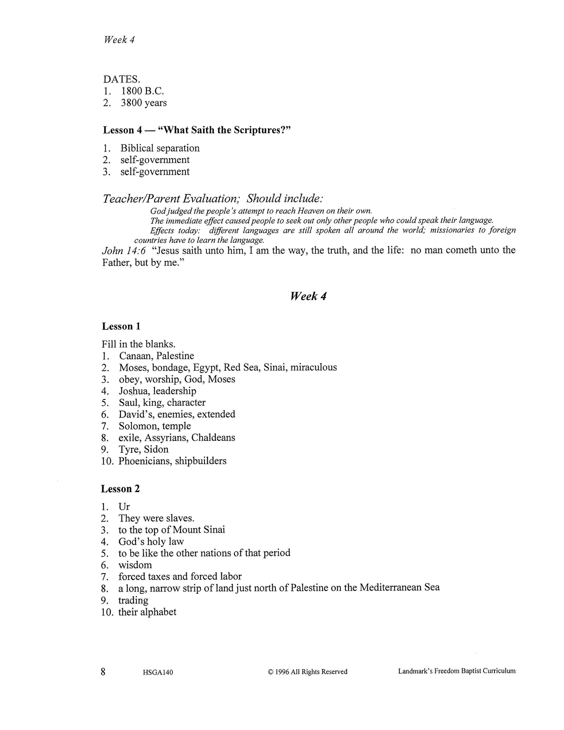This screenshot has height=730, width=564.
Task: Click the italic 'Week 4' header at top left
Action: (119, 40)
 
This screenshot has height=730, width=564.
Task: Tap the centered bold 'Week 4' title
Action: (308, 296)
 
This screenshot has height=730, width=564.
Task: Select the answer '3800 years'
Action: (144, 103)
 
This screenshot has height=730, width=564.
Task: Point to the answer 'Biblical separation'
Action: (160, 148)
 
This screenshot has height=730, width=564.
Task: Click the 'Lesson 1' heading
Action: (121, 326)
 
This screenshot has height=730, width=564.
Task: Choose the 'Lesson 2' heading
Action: (121, 489)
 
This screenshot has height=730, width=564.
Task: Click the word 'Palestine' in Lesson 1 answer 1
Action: (175, 356)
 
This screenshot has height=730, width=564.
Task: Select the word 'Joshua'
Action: (133, 391)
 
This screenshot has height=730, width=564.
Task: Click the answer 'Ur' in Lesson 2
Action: (124, 507)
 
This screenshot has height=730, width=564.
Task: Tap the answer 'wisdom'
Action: (135, 565)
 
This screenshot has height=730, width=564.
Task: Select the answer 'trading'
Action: (133, 600)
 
